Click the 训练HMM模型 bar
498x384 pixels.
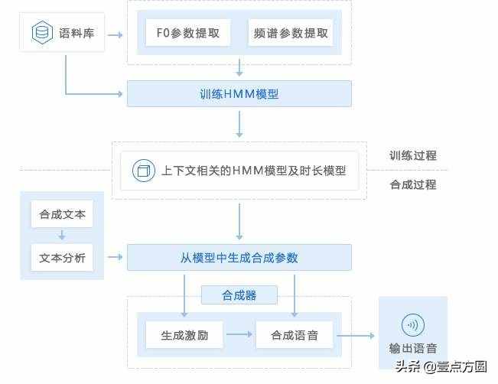239,94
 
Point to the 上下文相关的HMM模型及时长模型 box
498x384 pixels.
239,170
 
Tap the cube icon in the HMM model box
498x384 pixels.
142,170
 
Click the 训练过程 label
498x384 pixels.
413,155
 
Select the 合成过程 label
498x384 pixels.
413,184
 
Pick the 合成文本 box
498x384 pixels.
62,214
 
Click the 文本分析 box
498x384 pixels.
62,258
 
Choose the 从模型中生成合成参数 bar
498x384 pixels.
239,258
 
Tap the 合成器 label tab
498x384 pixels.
239,295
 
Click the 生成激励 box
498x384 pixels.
184,334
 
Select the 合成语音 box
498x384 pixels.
295,334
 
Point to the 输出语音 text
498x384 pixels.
413,348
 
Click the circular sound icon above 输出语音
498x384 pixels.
413,324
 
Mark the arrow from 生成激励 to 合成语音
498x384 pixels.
239,334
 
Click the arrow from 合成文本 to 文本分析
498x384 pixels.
62,236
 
